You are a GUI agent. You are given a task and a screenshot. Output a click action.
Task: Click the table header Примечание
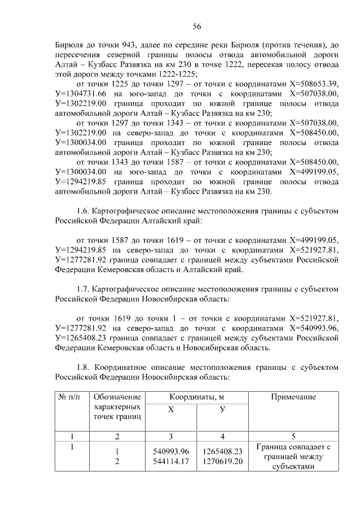click(x=293, y=397)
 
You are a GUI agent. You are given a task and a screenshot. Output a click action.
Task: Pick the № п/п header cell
click(x=71, y=397)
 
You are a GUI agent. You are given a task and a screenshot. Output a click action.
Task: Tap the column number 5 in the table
click(x=293, y=436)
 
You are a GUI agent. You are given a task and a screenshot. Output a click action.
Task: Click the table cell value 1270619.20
click(x=223, y=461)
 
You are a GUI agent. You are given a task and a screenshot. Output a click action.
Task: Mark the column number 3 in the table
click(x=170, y=436)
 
